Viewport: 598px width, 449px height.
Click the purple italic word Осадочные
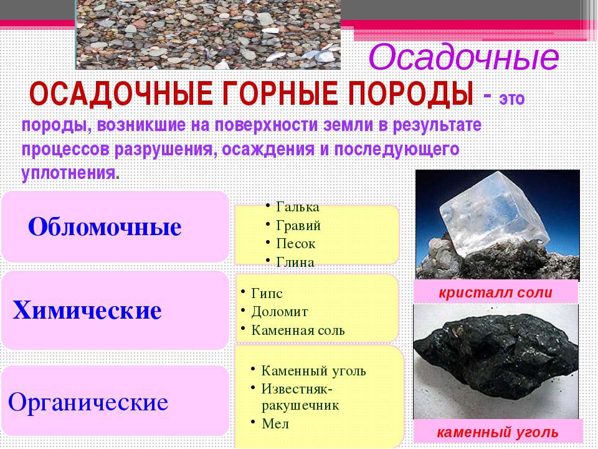click(x=463, y=57)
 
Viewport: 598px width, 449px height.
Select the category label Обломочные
click(x=105, y=227)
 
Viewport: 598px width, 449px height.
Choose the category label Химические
click(x=87, y=310)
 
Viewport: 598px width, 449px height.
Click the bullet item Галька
click(x=298, y=207)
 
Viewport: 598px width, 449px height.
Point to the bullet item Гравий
click(x=298, y=225)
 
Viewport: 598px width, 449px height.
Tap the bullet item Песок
click(x=296, y=244)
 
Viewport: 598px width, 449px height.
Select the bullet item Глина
click(x=295, y=262)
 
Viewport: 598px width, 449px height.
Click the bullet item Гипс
click(x=267, y=294)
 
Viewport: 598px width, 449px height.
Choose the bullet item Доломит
click(x=280, y=312)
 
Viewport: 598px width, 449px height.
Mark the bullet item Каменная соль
click(x=298, y=331)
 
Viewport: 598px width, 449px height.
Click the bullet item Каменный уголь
click(x=313, y=370)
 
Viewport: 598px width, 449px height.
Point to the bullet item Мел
click(x=275, y=424)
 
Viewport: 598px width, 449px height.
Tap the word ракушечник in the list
click(x=300, y=405)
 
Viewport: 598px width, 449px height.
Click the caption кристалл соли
click(x=495, y=292)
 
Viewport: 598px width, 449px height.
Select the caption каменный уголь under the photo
click(x=497, y=433)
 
